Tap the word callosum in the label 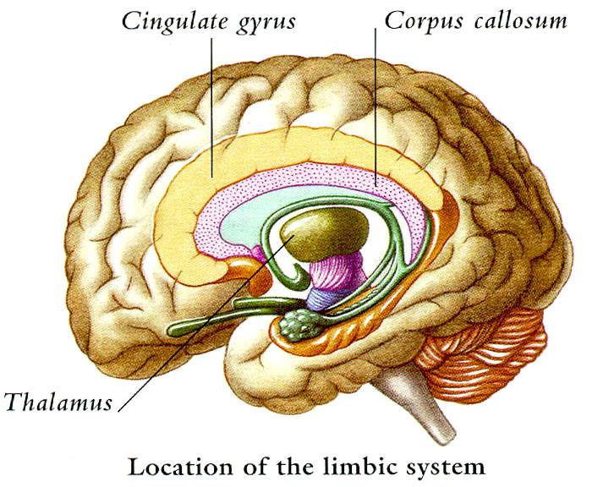click(x=520, y=21)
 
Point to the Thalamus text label click(x=58, y=402)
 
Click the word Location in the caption click(x=181, y=466)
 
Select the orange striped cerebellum click(x=485, y=353)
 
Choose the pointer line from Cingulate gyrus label click(x=211, y=107)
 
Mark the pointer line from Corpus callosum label click(x=376, y=107)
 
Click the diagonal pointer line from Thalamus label click(x=206, y=323)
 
